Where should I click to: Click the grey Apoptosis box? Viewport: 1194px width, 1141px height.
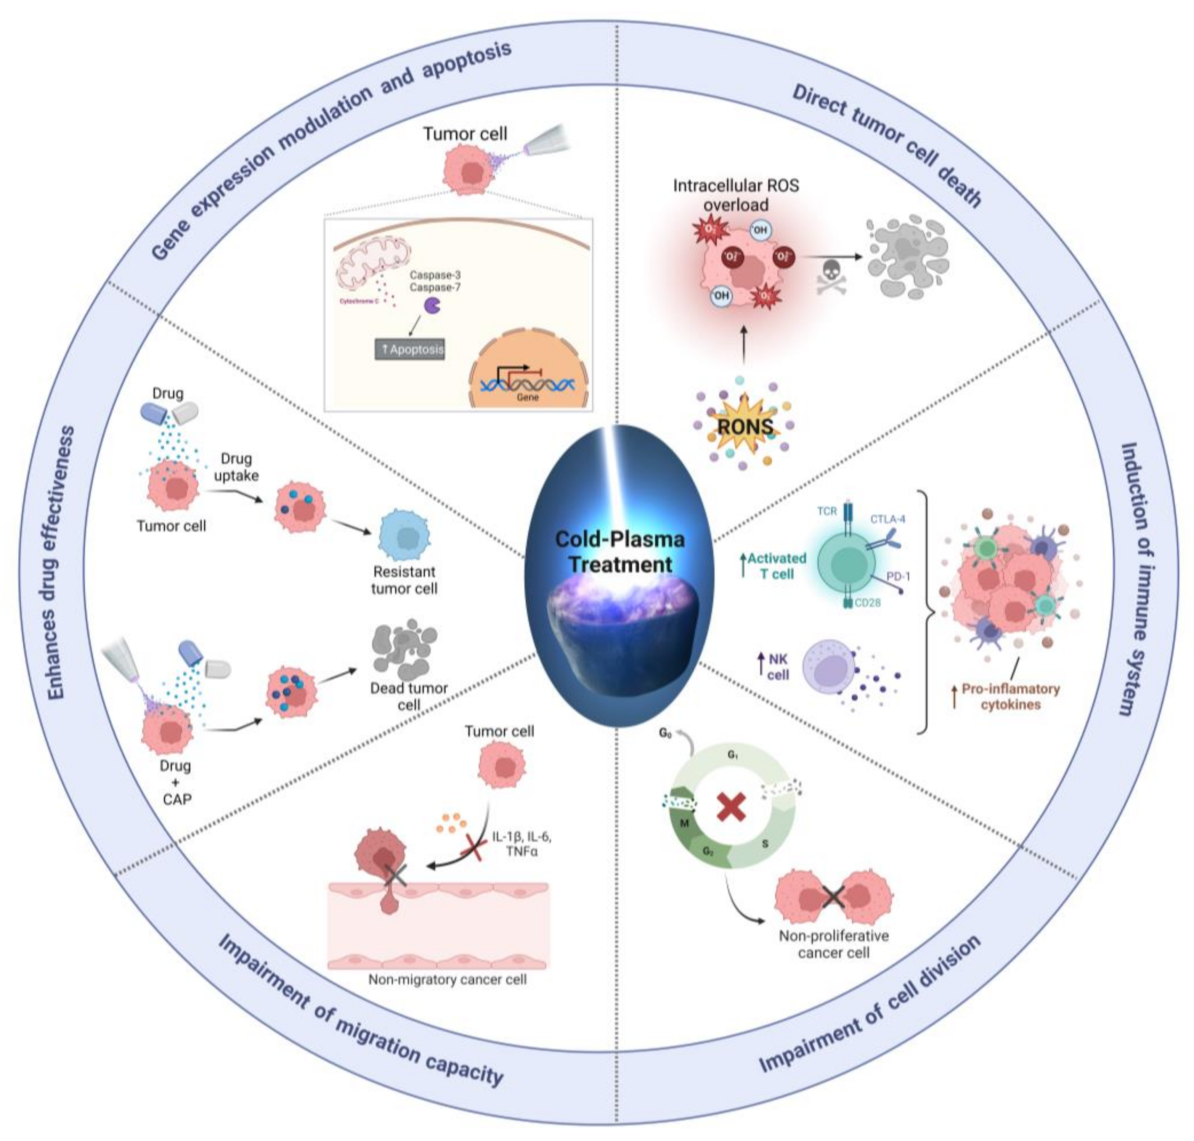pos(410,349)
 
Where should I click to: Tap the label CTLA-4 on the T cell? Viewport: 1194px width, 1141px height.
pos(887,519)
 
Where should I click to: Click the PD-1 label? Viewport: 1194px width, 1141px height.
pos(898,575)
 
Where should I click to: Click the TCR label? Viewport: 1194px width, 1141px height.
pos(827,511)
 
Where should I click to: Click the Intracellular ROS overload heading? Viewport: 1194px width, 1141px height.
pos(736,194)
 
